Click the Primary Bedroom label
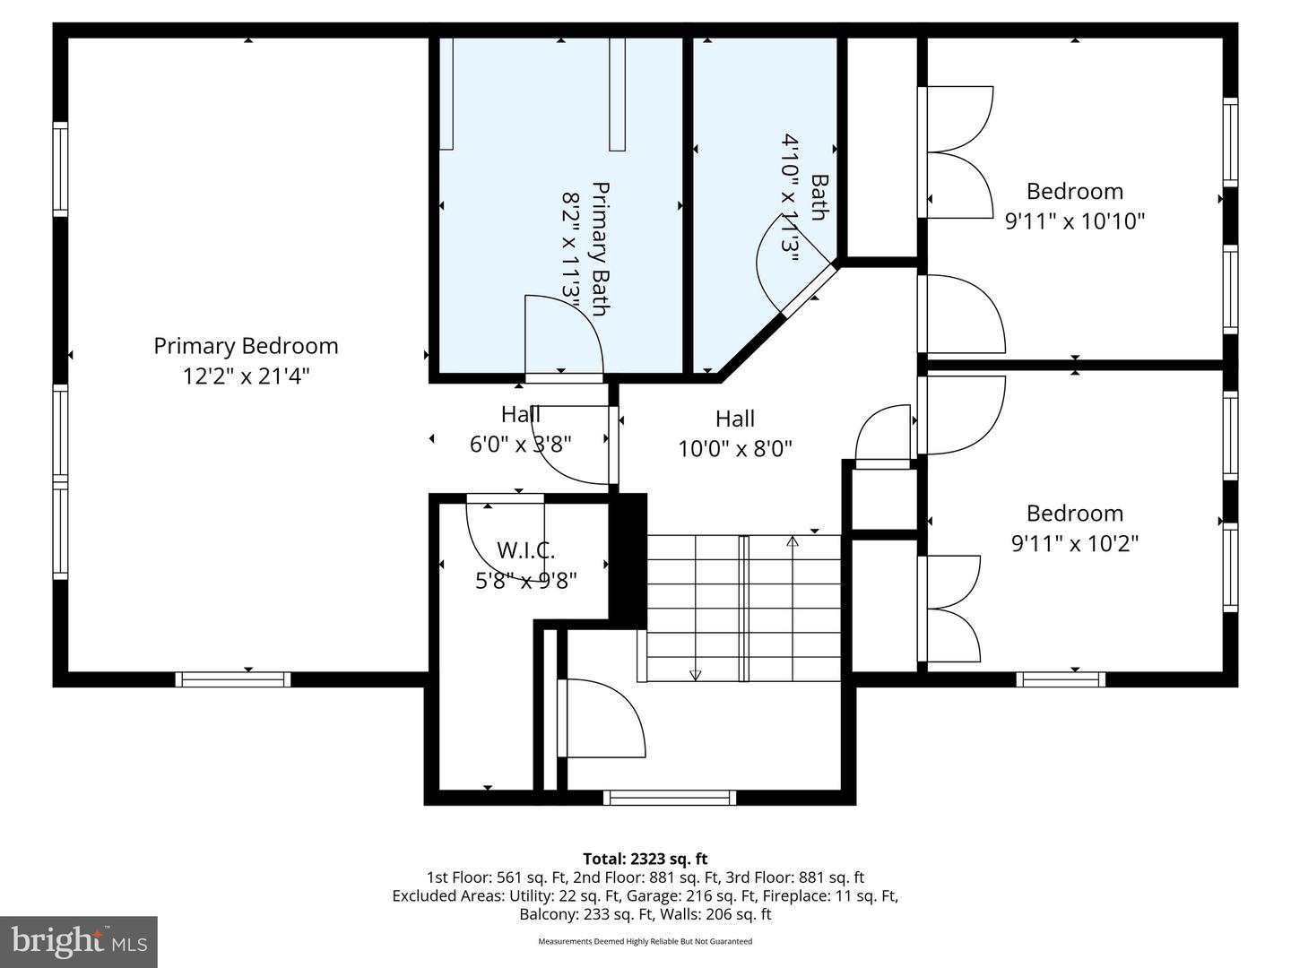click(x=246, y=346)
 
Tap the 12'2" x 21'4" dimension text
click(x=246, y=376)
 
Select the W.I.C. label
click(x=525, y=550)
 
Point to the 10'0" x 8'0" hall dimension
click(x=735, y=448)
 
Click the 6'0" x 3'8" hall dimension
click(x=520, y=444)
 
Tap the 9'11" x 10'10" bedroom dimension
click(x=1074, y=220)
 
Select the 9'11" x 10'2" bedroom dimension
click(x=1074, y=543)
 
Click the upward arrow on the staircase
click(x=793, y=540)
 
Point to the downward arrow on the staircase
click(x=695, y=674)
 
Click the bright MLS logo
click(x=79, y=941)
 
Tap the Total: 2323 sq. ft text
click(x=645, y=859)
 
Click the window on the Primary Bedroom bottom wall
click(x=233, y=679)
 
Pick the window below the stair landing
click(x=669, y=798)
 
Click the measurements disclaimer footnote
click(x=645, y=941)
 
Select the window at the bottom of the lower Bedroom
click(x=1061, y=679)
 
